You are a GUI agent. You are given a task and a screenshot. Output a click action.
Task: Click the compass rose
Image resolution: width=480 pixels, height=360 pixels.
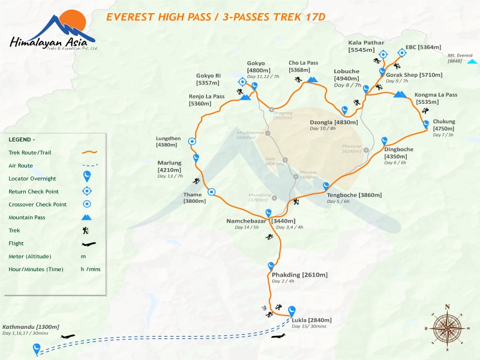pos(446,327)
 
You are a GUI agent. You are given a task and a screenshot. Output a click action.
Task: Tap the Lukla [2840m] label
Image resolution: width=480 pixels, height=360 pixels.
pos(311,320)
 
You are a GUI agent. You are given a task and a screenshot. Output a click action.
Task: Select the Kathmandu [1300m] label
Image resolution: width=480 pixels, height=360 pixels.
pos(31,326)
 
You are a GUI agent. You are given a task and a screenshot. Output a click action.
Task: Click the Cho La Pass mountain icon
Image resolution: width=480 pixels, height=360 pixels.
pos(312,80)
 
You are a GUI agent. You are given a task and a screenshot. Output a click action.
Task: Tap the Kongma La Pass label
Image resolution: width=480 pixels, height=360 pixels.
pos(436,95)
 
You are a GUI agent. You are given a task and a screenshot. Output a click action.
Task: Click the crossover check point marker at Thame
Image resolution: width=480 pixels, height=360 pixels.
pos(211,192)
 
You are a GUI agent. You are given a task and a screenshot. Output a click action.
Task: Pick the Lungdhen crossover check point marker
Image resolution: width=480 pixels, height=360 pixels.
pos(192,142)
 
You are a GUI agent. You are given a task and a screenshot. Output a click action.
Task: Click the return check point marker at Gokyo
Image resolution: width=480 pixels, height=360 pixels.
pos(242,82)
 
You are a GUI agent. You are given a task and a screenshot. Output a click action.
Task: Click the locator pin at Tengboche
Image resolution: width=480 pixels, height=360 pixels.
pos(326,186)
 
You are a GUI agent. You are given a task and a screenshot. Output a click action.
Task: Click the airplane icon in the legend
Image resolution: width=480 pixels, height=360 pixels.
pos(88,244)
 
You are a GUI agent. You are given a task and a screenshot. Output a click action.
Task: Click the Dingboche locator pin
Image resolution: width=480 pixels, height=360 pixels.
pos(385,140)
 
